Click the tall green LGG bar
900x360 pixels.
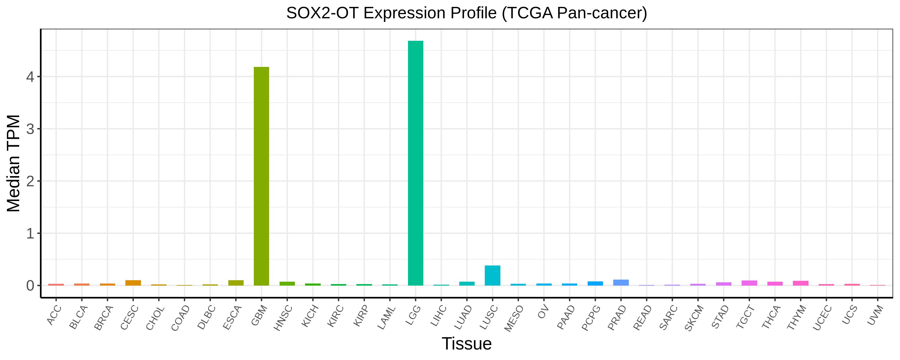pyautogui.click(x=415, y=163)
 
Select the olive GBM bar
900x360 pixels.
pyautogui.click(x=261, y=176)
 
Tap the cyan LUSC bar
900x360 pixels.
pyautogui.click(x=493, y=275)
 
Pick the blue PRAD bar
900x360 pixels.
pyautogui.click(x=621, y=282)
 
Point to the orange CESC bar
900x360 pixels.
pyautogui.click(x=133, y=283)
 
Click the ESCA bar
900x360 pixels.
pyautogui.click(x=236, y=283)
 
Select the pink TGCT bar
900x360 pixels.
pyautogui.click(x=749, y=283)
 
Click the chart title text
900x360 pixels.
pyautogui.click(x=467, y=13)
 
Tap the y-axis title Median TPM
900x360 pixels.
pyautogui.click(x=14, y=163)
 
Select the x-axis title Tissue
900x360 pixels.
pyautogui.click(x=467, y=343)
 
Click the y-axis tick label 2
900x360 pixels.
pyautogui.click(x=30, y=181)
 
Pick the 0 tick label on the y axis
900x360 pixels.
pyautogui.click(x=30, y=286)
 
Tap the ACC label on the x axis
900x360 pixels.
pyautogui.click(x=54, y=315)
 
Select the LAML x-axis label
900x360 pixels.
pyautogui.click(x=387, y=318)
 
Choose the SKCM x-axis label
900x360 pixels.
pyautogui.click(x=694, y=318)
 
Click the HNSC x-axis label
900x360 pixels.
pyautogui.click(x=284, y=318)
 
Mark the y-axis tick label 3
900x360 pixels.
pyautogui.click(x=30, y=129)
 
